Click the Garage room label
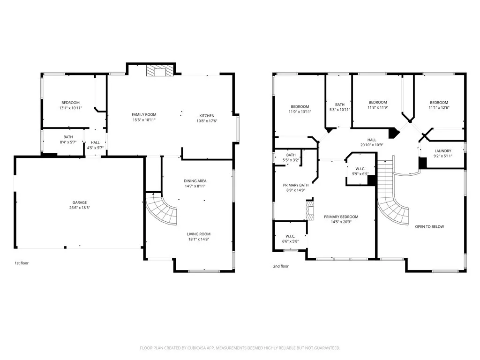tap(79, 202)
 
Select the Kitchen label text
tap(207, 116)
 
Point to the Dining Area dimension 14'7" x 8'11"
tap(195, 186)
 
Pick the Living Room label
tap(199, 234)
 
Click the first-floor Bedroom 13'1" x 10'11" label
tap(70, 103)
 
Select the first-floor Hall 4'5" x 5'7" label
tap(95, 142)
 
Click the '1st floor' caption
tap(21, 263)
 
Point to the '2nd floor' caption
tap(281, 266)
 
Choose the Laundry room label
tap(442, 151)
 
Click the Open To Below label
tap(429, 226)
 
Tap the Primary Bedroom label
tap(341, 217)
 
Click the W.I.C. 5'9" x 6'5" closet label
tap(360, 169)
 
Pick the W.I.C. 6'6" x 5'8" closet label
tap(291, 236)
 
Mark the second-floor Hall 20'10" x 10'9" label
tap(371, 140)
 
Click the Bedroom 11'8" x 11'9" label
tap(377, 103)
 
